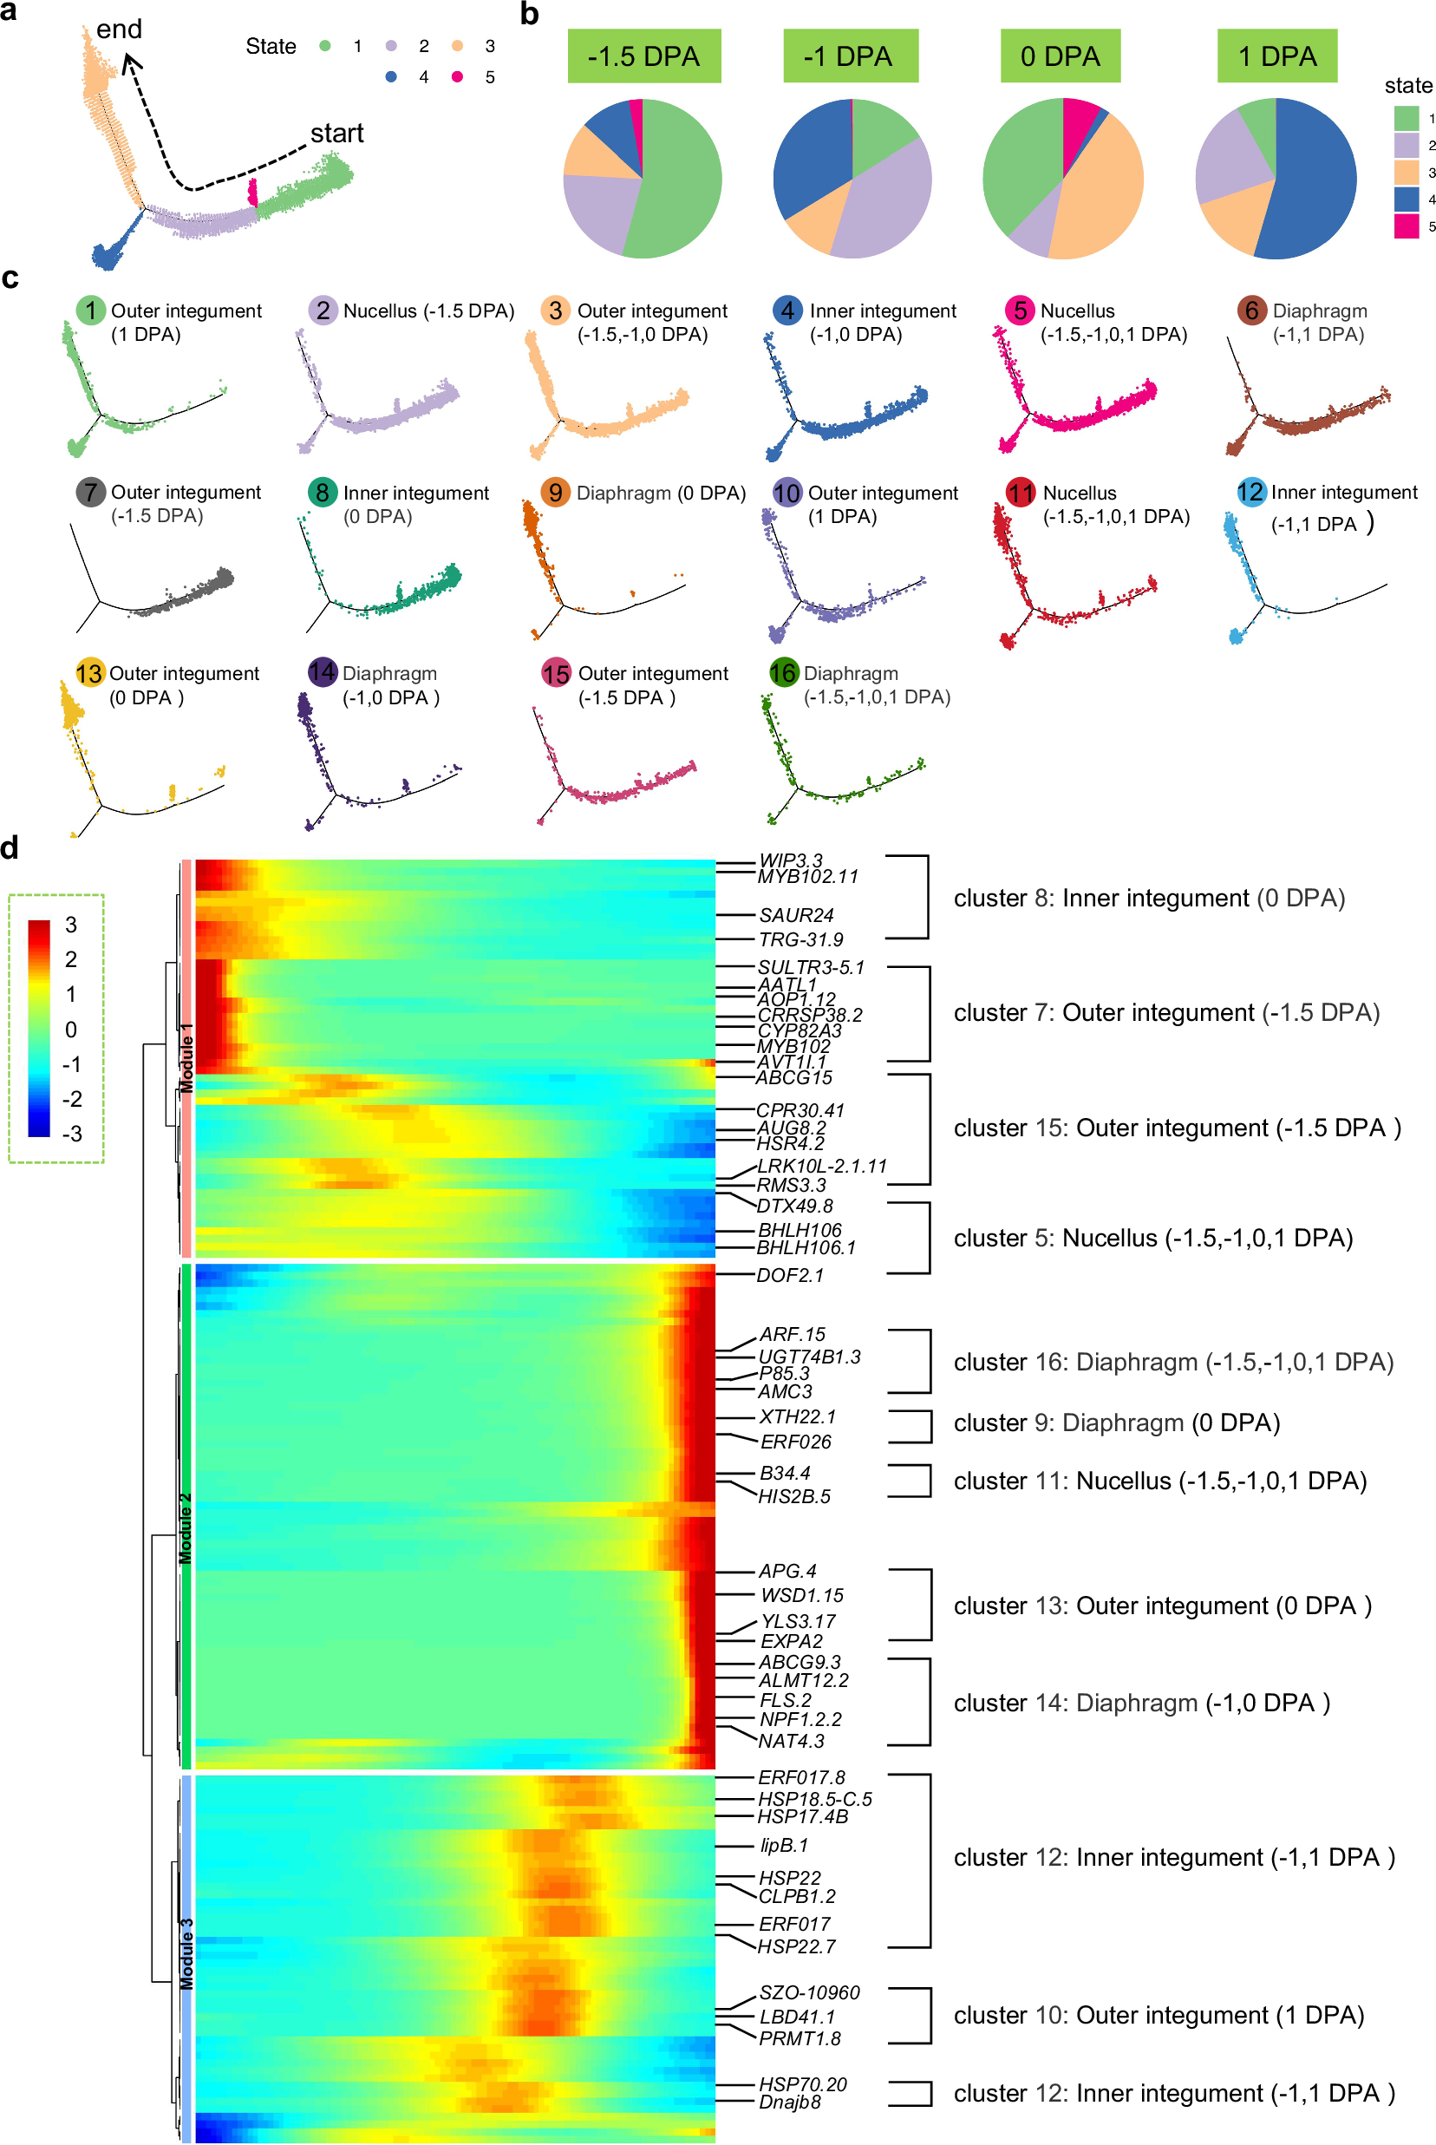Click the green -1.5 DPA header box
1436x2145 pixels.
643,56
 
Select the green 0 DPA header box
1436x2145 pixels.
1060,56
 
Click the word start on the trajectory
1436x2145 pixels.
336,134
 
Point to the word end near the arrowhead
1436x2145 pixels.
119,29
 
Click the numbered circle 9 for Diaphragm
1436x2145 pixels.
554,492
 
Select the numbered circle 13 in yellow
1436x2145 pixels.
88,673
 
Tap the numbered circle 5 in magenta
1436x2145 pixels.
1018,311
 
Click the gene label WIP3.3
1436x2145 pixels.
790,860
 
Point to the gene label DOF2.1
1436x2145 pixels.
789,1275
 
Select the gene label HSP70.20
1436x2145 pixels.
802,2083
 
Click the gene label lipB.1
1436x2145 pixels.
784,1846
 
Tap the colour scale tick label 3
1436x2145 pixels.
70,925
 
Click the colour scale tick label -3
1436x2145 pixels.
70,1134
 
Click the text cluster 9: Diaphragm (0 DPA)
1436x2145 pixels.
1116,1422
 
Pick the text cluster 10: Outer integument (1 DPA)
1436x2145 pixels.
1159,2015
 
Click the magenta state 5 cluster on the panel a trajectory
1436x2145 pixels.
252,193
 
